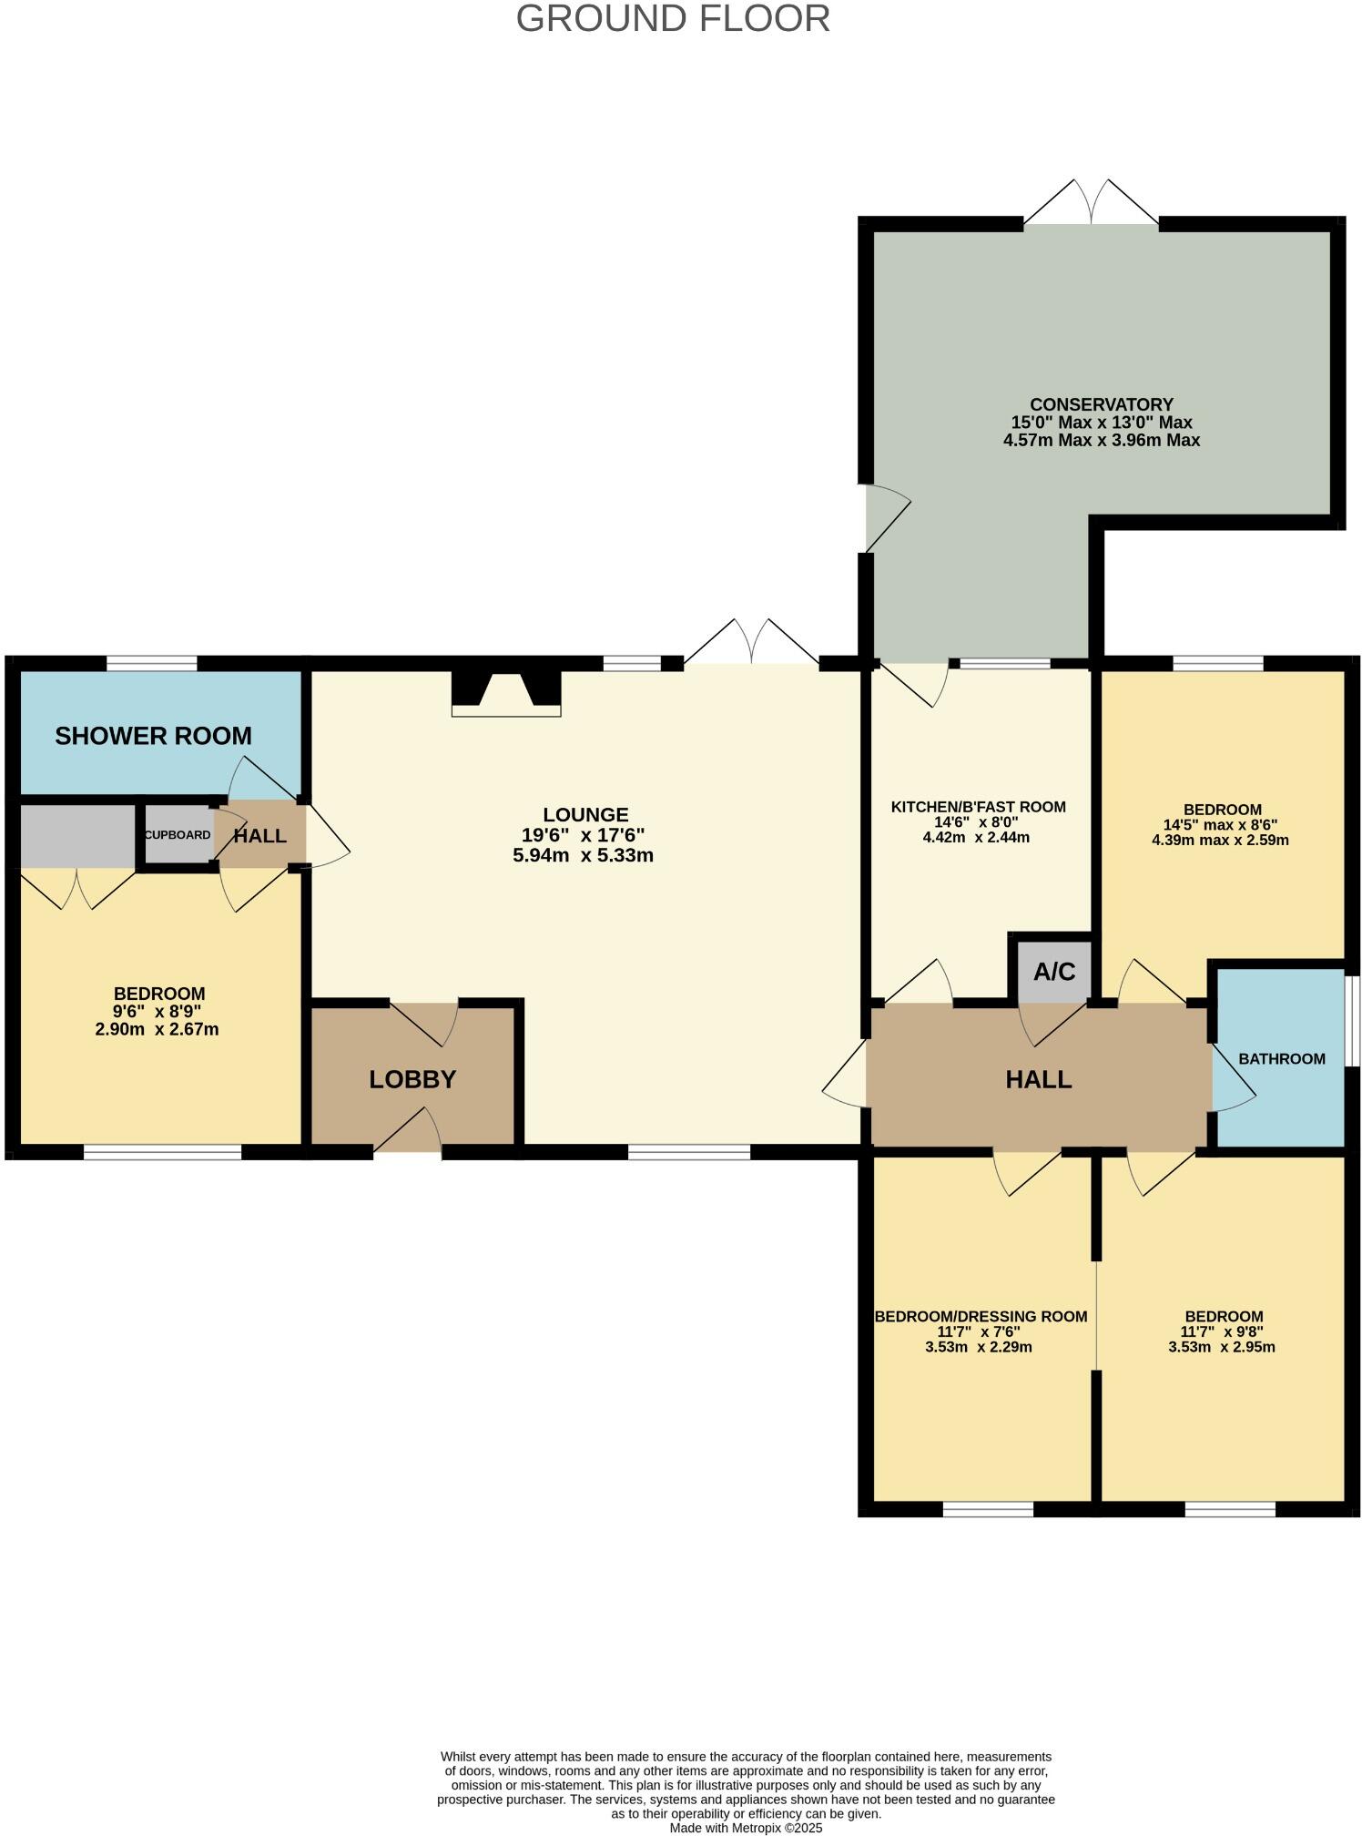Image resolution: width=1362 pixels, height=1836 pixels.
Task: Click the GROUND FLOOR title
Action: coord(673,19)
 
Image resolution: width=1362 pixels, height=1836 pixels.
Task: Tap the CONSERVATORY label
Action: coord(1101,404)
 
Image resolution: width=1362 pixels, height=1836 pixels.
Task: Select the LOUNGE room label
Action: coord(585,815)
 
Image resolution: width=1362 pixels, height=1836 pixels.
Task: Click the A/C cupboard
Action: coord(1054,972)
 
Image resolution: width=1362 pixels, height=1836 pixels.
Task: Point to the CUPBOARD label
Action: coord(178,835)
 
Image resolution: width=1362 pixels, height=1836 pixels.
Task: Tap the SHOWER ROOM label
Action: coord(153,736)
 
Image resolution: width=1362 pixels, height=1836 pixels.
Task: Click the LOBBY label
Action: coord(412,1079)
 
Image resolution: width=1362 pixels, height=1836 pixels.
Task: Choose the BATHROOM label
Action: coord(1281,1059)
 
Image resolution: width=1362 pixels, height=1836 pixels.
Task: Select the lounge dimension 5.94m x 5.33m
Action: coord(583,856)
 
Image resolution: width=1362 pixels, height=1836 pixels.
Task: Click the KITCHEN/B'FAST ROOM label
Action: coord(978,807)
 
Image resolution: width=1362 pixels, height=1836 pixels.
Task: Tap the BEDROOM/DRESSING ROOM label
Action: coord(981,1316)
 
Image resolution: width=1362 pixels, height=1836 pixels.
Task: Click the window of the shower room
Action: coord(152,664)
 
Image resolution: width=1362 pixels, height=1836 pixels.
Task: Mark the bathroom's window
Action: coord(1352,1020)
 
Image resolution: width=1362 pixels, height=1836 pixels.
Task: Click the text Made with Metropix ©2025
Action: coord(746,1827)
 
